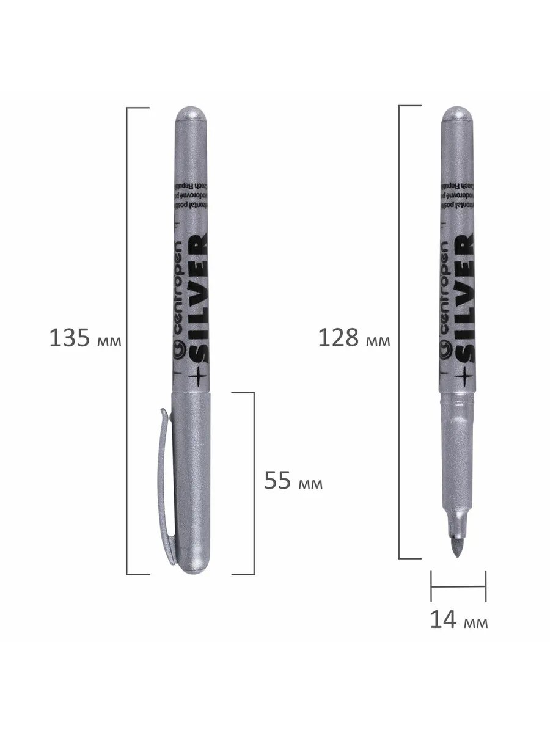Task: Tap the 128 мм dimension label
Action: point(353,338)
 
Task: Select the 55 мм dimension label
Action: point(293,482)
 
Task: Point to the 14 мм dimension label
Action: point(458,620)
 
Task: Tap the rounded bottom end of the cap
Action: point(193,565)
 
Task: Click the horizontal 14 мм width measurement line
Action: point(458,586)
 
